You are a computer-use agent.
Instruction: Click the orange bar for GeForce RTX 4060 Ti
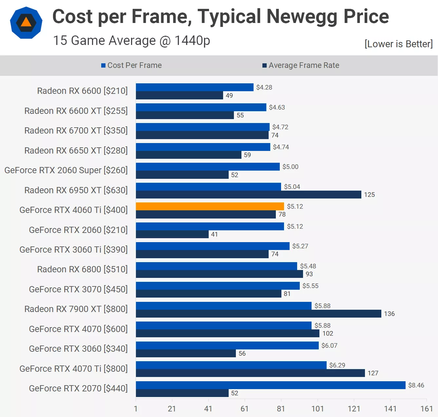pos(210,206)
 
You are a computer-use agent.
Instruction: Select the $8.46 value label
pos(416,385)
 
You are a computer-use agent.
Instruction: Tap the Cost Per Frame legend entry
pos(131,65)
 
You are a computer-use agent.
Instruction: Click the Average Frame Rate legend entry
pos(301,65)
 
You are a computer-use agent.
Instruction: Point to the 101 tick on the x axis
pos(317,409)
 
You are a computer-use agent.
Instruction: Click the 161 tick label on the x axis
pos(427,409)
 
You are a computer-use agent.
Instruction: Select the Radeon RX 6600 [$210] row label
pos(82,91)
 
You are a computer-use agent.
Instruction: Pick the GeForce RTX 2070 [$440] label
pos(78,388)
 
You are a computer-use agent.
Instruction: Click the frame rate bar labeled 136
pos(258,314)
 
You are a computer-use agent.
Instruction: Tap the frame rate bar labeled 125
pos(248,195)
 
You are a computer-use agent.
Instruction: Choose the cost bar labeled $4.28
pos(195,87)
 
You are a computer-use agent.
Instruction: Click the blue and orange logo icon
pos(26,23)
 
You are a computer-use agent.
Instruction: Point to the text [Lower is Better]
pos(398,44)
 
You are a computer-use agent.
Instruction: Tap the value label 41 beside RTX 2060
pos(214,234)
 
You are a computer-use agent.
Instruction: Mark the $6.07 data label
pos(329,345)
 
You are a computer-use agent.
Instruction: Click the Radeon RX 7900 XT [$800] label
pos(76,309)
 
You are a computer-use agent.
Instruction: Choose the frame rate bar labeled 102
pos(227,333)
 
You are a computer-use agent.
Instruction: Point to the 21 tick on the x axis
pos(172,409)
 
